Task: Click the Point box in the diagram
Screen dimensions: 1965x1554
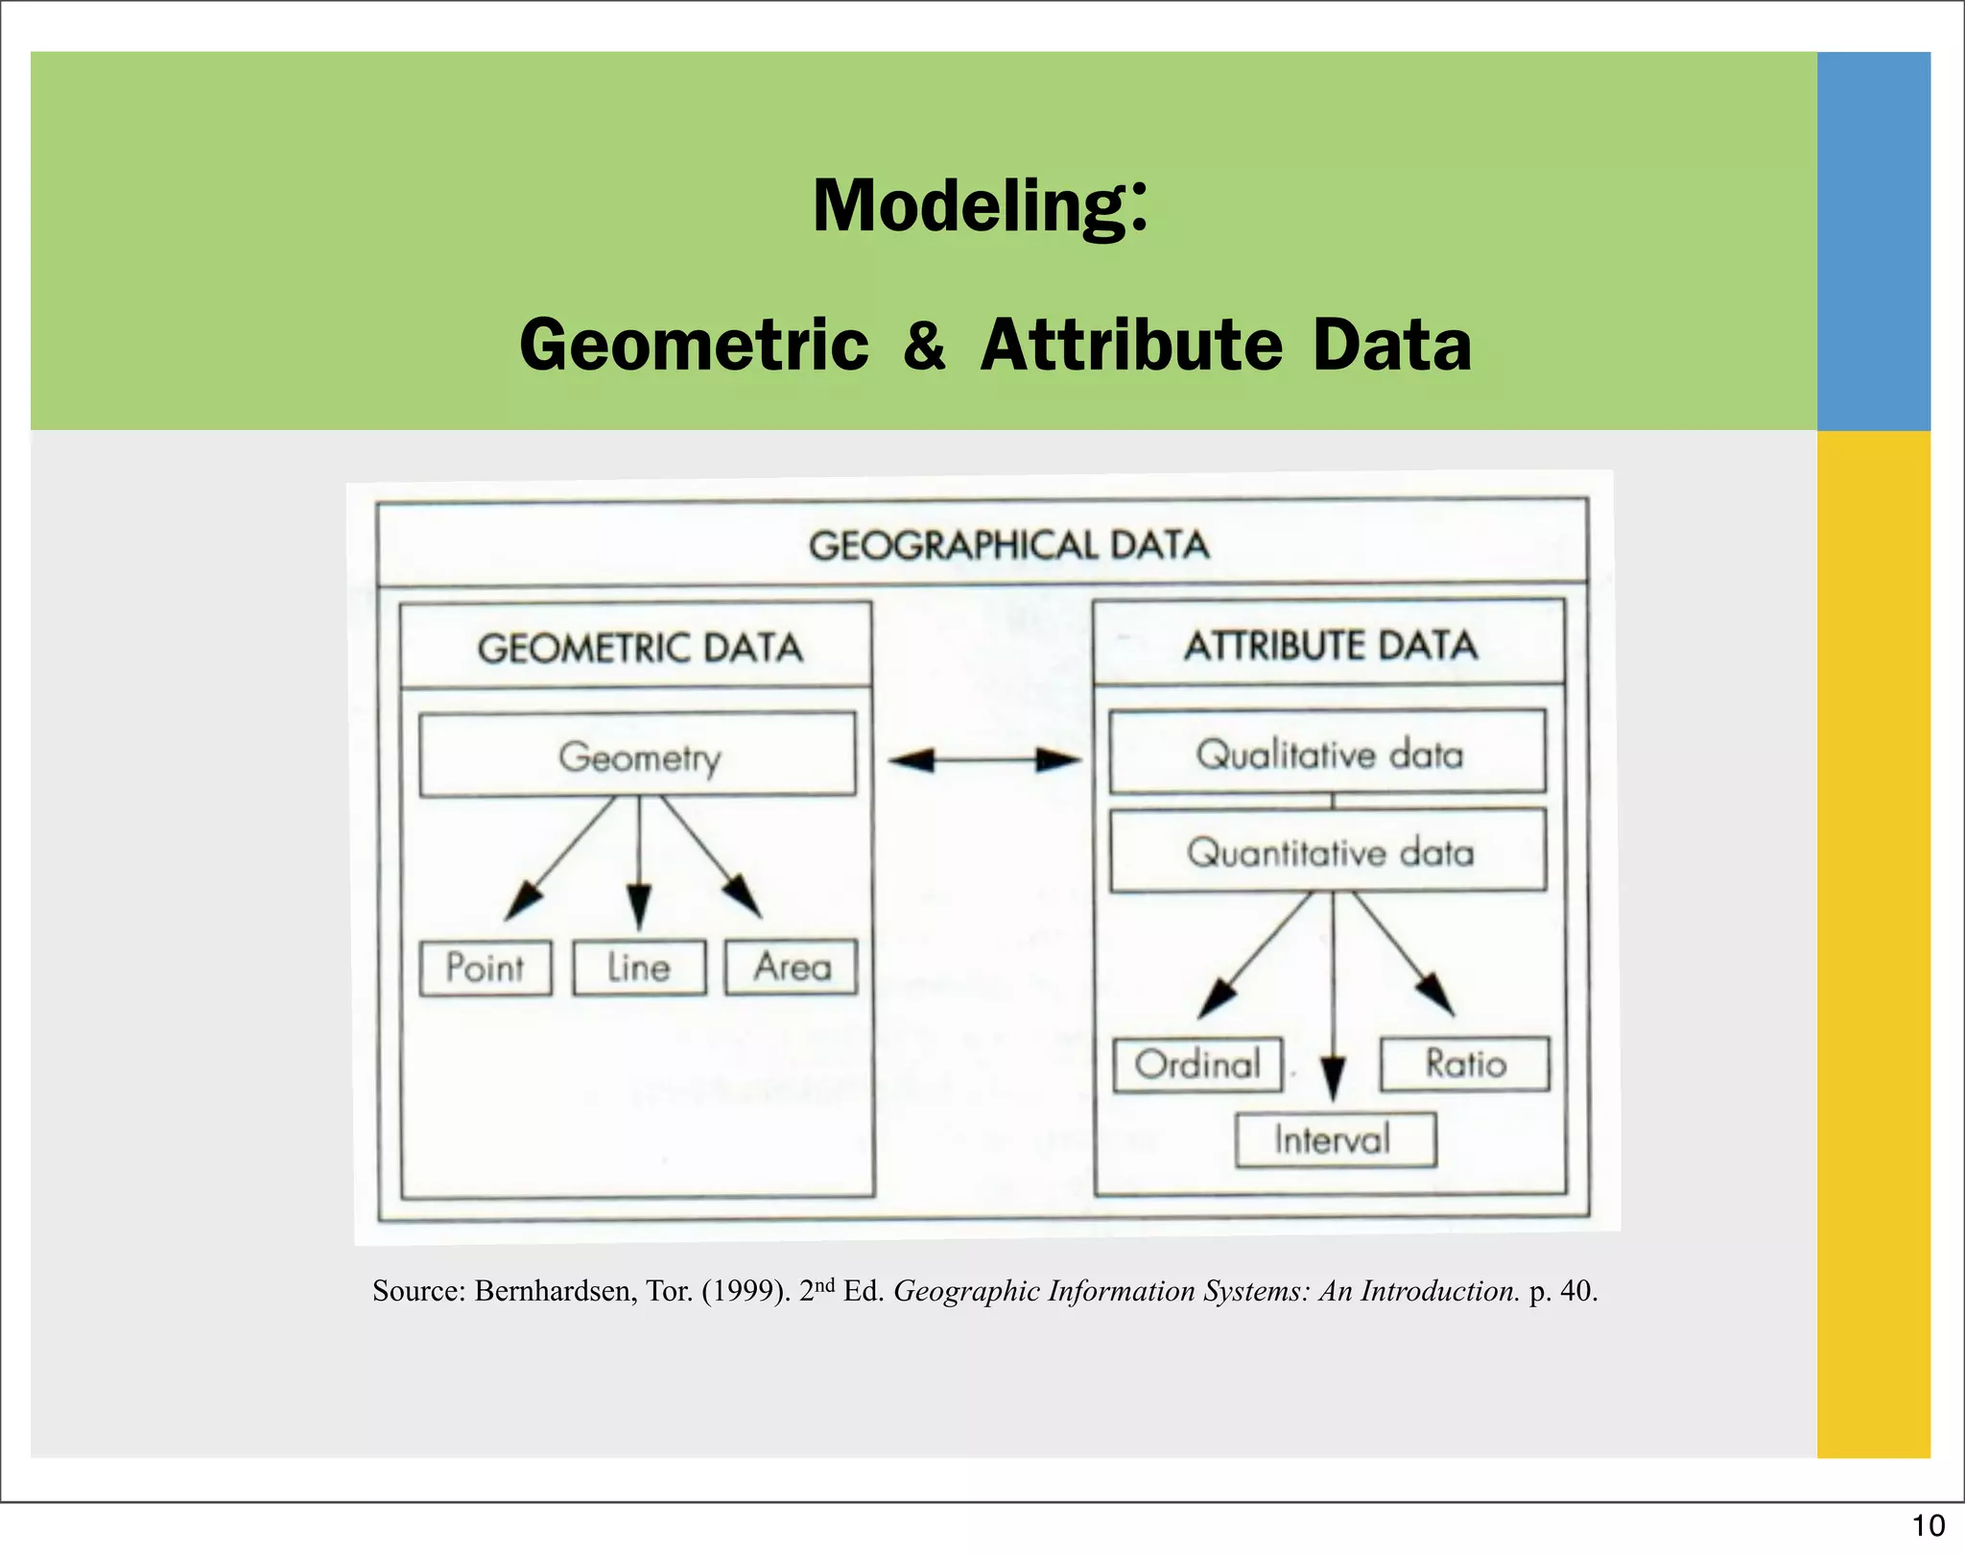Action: [485, 968]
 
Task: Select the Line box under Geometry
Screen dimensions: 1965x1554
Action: [639, 968]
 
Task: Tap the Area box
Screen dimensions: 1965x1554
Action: [792, 967]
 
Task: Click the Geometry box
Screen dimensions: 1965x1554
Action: [638, 755]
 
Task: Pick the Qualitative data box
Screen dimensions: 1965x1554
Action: [1328, 753]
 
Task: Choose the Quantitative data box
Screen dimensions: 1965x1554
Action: [1329, 851]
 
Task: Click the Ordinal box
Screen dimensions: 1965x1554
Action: [1197, 1064]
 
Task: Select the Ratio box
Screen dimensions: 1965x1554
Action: [1465, 1064]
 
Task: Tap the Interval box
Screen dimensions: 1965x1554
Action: [1335, 1140]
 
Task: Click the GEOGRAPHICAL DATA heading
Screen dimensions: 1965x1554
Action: [1008, 545]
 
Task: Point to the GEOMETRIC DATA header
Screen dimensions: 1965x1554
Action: [639, 648]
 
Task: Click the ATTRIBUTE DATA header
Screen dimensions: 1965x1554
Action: [1330, 645]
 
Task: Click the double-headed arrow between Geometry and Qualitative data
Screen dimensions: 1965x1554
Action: [983, 761]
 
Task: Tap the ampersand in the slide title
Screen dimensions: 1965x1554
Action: [924, 346]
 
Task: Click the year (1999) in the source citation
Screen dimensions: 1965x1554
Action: [746, 1291]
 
